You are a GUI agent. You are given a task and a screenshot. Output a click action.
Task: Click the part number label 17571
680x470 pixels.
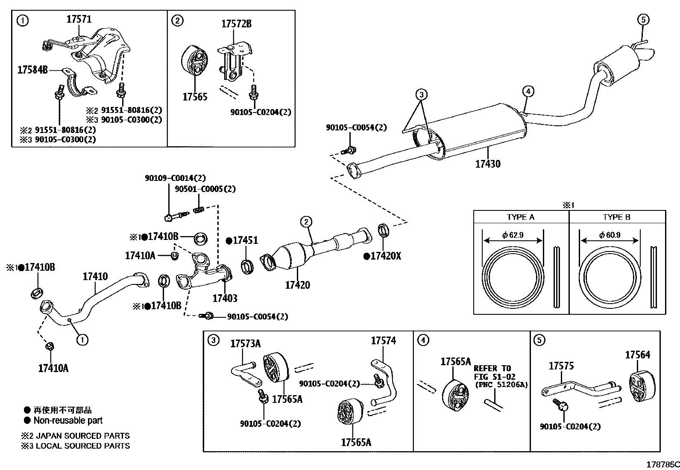(79, 19)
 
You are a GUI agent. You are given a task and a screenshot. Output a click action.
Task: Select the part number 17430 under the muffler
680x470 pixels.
(488, 163)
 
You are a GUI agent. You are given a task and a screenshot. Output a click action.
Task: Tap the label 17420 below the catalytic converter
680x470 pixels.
(297, 285)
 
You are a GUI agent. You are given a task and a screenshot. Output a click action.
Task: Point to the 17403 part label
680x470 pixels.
(225, 298)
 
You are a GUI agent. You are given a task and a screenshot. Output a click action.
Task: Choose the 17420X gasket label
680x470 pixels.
(383, 256)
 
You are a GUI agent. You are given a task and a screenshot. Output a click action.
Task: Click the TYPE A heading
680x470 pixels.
(520, 217)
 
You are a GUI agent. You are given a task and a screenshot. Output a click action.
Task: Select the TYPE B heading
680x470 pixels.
(616, 217)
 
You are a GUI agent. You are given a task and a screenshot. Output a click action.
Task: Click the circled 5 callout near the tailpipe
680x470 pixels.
(643, 19)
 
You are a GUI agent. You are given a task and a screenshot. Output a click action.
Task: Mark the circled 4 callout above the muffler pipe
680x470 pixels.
(528, 91)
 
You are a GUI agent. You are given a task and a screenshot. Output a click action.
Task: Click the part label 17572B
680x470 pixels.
(236, 24)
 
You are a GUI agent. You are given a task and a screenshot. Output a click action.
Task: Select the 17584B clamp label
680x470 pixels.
(32, 70)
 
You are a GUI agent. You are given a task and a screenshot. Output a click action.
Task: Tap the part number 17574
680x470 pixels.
(383, 340)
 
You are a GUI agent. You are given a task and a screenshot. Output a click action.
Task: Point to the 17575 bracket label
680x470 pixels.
(561, 366)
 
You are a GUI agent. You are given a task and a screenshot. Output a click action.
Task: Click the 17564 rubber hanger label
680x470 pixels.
(637, 355)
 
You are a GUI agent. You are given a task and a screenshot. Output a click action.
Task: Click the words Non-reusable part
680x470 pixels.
(68, 420)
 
